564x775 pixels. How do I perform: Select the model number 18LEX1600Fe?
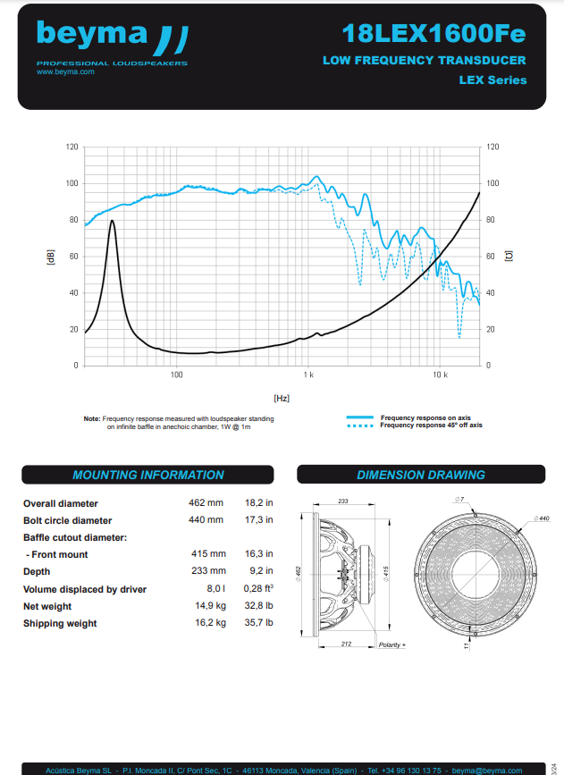click(x=434, y=34)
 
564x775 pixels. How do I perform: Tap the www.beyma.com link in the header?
click(x=65, y=72)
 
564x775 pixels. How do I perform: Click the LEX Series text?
click(x=492, y=80)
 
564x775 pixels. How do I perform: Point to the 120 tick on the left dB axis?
click(x=72, y=147)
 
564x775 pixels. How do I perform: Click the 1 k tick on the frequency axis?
click(x=307, y=374)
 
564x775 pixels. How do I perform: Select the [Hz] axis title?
click(x=282, y=397)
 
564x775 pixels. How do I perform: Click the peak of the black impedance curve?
click(x=112, y=221)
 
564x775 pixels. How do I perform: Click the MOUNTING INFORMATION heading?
click(x=148, y=475)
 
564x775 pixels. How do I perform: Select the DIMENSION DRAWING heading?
click(x=420, y=475)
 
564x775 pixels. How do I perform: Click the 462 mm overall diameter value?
click(x=206, y=503)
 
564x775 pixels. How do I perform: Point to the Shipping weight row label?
click(x=60, y=623)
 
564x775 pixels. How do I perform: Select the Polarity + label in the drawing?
click(x=392, y=644)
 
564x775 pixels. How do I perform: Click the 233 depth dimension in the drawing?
click(x=342, y=501)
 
